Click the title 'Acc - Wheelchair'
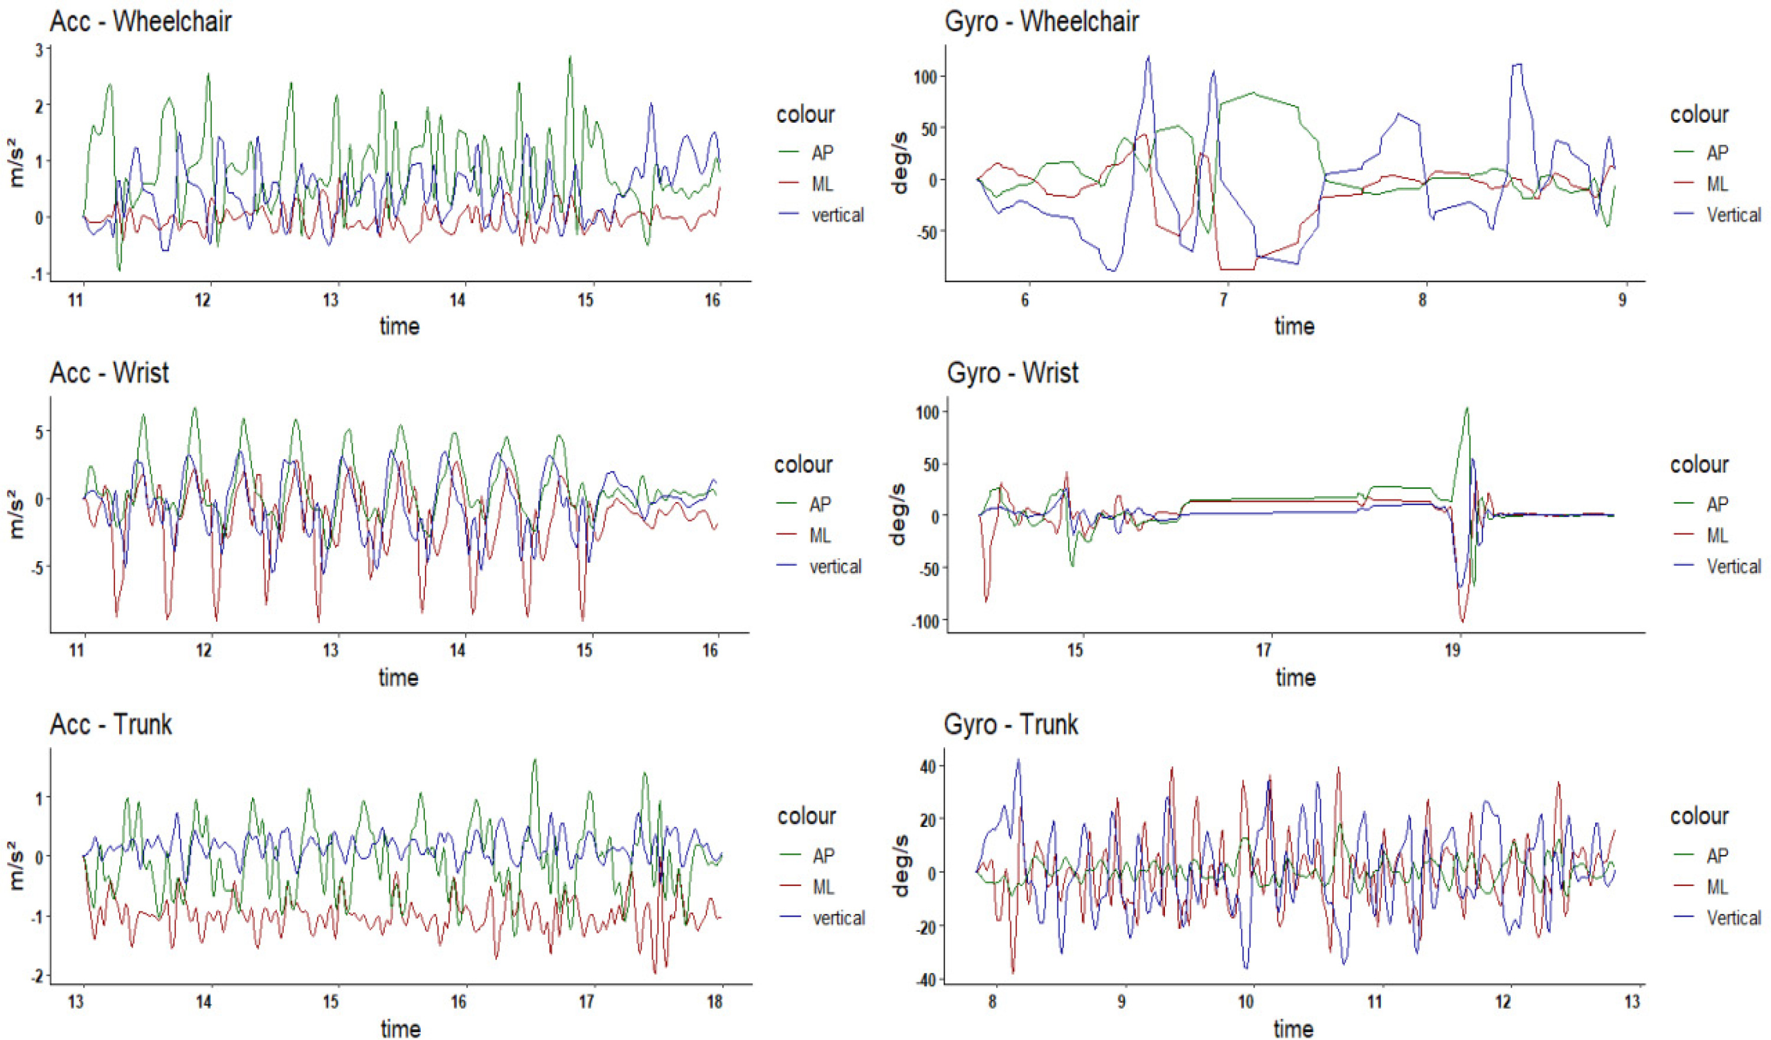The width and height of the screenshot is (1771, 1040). tap(140, 22)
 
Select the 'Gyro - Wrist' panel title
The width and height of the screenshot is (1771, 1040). tap(1012, 373)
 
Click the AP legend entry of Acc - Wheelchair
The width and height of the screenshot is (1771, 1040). tap(822, 152)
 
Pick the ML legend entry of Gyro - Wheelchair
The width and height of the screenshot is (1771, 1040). tap(1717, 184)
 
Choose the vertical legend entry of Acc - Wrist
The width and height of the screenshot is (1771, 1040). tap(835, 567)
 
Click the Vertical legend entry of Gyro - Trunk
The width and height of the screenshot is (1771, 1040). tap(1734, 918)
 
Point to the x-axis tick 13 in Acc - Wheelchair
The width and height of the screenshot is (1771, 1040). tap(330, 300)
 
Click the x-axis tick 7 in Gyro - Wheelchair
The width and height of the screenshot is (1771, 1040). tap(1223, 300)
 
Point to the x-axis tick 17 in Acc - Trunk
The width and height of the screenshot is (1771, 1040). tap(587, 1002)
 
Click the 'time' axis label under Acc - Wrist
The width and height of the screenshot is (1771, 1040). tap(398, 677)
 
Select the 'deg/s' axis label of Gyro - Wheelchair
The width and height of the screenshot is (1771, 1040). tap(899, 163)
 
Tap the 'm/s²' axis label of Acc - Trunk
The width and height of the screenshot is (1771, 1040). tap(17, 866)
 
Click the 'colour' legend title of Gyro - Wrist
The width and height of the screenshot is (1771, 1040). tap(1700, 465)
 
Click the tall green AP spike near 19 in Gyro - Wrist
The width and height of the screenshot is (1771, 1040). tap(1466, 409)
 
